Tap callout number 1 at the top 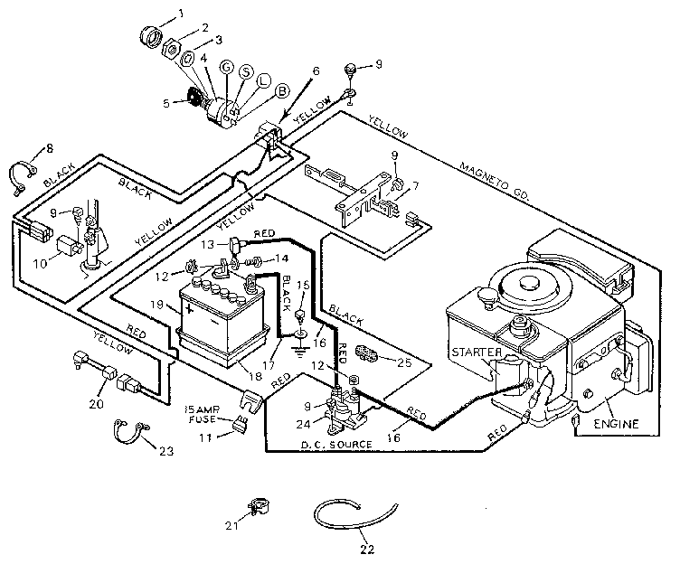(x=180, y=13)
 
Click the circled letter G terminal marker (x=225, y=68)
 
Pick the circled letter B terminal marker (x=280, y=91)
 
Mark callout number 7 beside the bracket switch (x=416, y=187)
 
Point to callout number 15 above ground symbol (x=304, y=286)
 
